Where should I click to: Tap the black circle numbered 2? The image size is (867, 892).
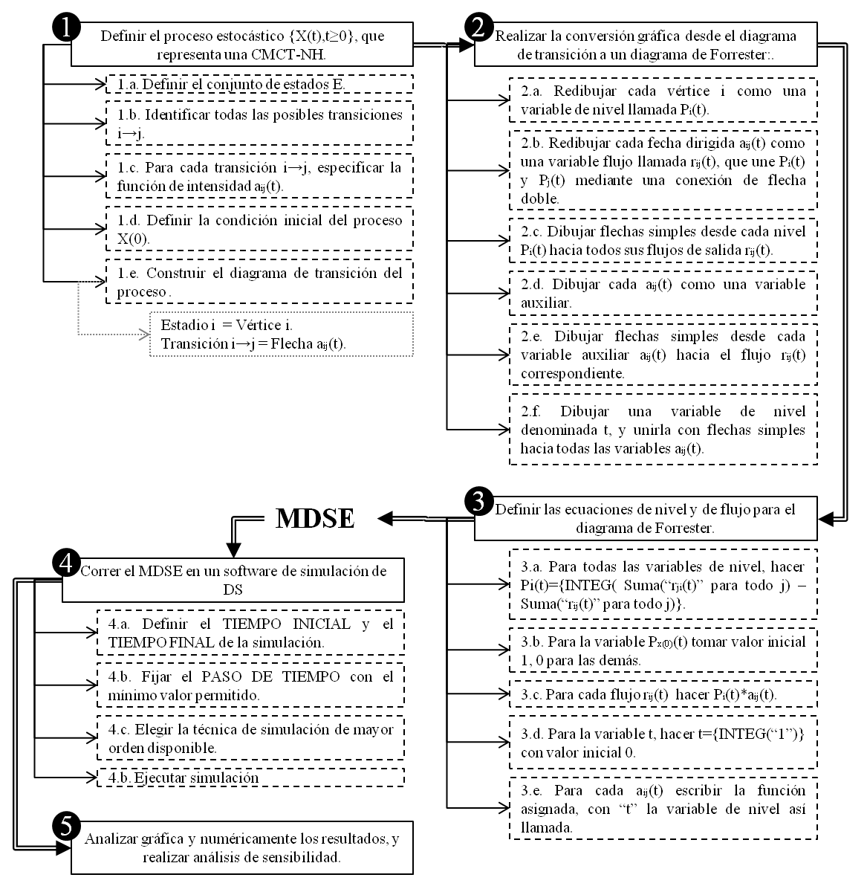pyautogui.click(x=478, y=28)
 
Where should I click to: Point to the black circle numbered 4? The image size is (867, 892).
pyautogui.click(x=65, y=563)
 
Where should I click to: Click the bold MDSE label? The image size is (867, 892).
pyautogui.click(x=314, y=519)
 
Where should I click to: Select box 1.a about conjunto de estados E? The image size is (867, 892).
pyautogui.click(x=259, y=84)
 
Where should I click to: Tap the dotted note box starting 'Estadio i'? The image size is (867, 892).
pyautogui.click(x=281, y=334)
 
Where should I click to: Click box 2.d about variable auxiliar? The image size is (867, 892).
pyautogui.click(x=663, y=294)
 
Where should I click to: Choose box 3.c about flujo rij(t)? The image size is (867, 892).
pyautogui.click(x=663, y=694)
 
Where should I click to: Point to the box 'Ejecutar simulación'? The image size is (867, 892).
pyautogui.click(x=250, y=778)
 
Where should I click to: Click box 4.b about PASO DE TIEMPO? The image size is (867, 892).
pyautogui.click(x=250, y=686)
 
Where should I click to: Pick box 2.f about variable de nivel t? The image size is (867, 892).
pyautogui.click(x=663, y=430)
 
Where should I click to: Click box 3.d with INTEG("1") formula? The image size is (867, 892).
pyautogui.click(x=663, y=743)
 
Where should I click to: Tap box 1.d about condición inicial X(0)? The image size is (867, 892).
pyautogui.click(x=259, y=229)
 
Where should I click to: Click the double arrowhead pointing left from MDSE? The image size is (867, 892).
pyautogui.click(x=386, y=518)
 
